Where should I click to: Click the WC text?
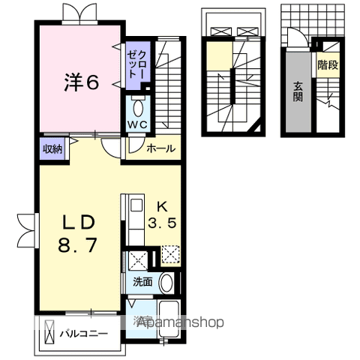tap(136, 124)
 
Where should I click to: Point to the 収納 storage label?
tap(52, 148)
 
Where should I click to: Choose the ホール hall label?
tap(159, 148)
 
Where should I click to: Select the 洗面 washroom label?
tap(142, 282)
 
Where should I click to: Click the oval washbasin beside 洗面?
tap(167, 282)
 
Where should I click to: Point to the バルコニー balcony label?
tap(84, 333)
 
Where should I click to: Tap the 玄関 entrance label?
tap(298, 91)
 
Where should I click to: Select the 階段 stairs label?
tap(327, 65)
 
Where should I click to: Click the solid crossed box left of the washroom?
tap(137, 261)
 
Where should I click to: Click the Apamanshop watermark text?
tap(180, 323)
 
